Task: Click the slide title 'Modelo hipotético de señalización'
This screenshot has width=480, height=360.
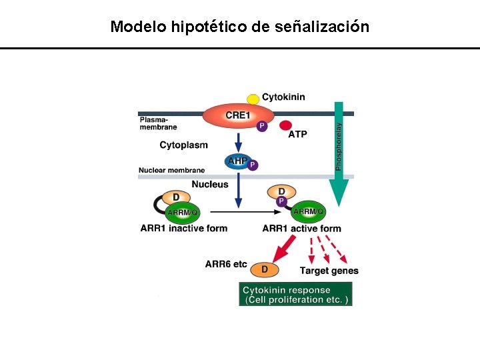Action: click(239, 27)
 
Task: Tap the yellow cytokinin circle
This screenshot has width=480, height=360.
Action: click(253, 99)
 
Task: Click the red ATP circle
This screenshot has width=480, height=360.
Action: click(285, 125)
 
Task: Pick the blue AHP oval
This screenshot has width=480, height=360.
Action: click(239, 161)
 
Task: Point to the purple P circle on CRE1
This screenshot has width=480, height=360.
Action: click(261, 125)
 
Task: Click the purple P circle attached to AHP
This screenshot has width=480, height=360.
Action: click(253, 165)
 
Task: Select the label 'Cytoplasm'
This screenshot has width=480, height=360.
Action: click(183, 145)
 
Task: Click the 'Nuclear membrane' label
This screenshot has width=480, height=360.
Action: click(171, 170)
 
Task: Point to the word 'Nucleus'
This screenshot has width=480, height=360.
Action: click(210, 184)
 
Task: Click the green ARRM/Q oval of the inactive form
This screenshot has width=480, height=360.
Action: click(182, 212)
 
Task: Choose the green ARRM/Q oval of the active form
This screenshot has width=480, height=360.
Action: click(309, 211)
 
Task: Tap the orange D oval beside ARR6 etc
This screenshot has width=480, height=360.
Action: click(265, 269)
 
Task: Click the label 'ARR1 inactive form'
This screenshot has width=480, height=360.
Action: click(183, 228)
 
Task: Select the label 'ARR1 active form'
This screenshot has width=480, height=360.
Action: click(301, 228)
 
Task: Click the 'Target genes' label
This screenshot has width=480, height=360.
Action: click(329, 270)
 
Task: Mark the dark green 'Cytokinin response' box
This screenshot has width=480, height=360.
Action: click(295, 294)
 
